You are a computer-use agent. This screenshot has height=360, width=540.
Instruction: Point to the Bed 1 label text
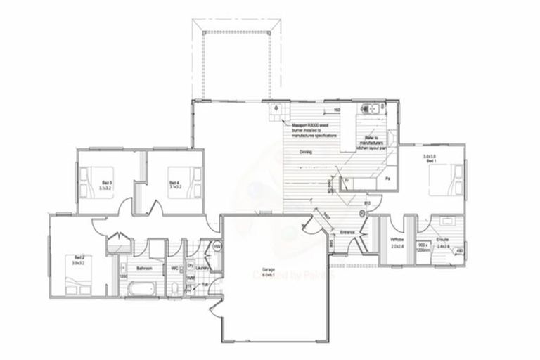coord(430,160)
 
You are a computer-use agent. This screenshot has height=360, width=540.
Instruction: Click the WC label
coord(174,268)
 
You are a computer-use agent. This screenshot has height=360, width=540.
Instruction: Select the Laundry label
coord(204,268)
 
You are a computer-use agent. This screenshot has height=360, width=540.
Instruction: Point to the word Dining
coord(305,152)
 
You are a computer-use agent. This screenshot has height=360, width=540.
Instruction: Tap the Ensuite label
coord(443,239)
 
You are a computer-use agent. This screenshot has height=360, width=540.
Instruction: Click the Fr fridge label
coord(347,181)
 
